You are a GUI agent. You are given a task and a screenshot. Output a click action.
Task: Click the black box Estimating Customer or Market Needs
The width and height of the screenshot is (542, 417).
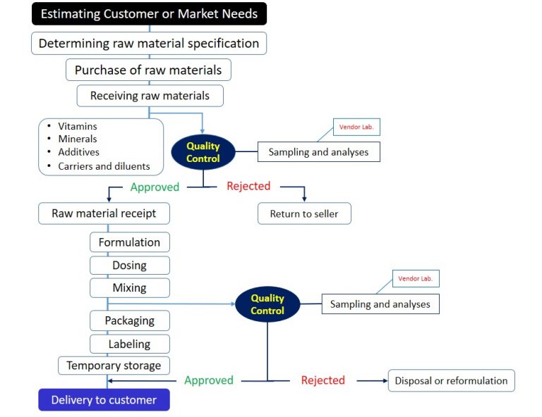click(x=149, y=14)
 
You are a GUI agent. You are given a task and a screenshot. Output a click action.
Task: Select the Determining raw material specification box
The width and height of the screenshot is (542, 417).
click(x=149, y=43)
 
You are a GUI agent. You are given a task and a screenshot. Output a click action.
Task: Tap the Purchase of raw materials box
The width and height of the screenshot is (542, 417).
click(x=148, y=70)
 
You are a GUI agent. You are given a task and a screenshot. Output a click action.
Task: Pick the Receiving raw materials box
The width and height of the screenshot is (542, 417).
click(x=150, y=95)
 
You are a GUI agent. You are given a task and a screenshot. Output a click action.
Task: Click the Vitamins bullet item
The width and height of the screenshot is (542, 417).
click(x=78, y=126)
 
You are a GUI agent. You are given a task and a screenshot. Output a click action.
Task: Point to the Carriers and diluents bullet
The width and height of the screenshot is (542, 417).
click(x=104, y=166)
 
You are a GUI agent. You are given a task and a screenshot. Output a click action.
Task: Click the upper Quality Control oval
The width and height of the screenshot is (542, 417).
click(x=203, y=152)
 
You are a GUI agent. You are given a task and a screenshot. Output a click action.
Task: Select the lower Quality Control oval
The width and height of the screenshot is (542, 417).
click(x=267, y=304)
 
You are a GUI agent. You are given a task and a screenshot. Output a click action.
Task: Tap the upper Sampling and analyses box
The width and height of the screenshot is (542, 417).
click(x=318, y=151)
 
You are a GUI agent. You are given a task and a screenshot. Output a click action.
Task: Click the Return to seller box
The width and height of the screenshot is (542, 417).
click(x=304, y=213)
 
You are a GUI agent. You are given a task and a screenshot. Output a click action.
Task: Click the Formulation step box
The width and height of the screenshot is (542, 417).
click(x=129, y=242)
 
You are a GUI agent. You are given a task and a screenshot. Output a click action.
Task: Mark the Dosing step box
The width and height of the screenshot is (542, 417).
click(x=129, y=266)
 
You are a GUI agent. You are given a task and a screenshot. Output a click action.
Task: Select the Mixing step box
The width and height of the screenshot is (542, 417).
click(x=129, y=287)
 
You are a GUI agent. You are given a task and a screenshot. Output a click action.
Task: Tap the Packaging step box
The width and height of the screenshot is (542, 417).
click(x=129, y=320)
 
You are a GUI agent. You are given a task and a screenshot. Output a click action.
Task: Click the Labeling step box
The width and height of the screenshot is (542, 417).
click(x=129, y=344)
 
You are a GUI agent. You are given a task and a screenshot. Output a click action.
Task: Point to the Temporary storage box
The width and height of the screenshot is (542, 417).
click(x=114, y=365)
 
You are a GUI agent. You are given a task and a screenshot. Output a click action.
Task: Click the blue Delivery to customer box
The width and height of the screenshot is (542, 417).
click(x=104, y=400)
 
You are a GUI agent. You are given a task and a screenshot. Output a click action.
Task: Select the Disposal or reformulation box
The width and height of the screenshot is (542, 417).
click(x=451, y=380)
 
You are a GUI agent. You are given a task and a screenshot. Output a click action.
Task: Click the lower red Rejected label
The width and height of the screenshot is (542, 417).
click(x=323, y=380)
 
